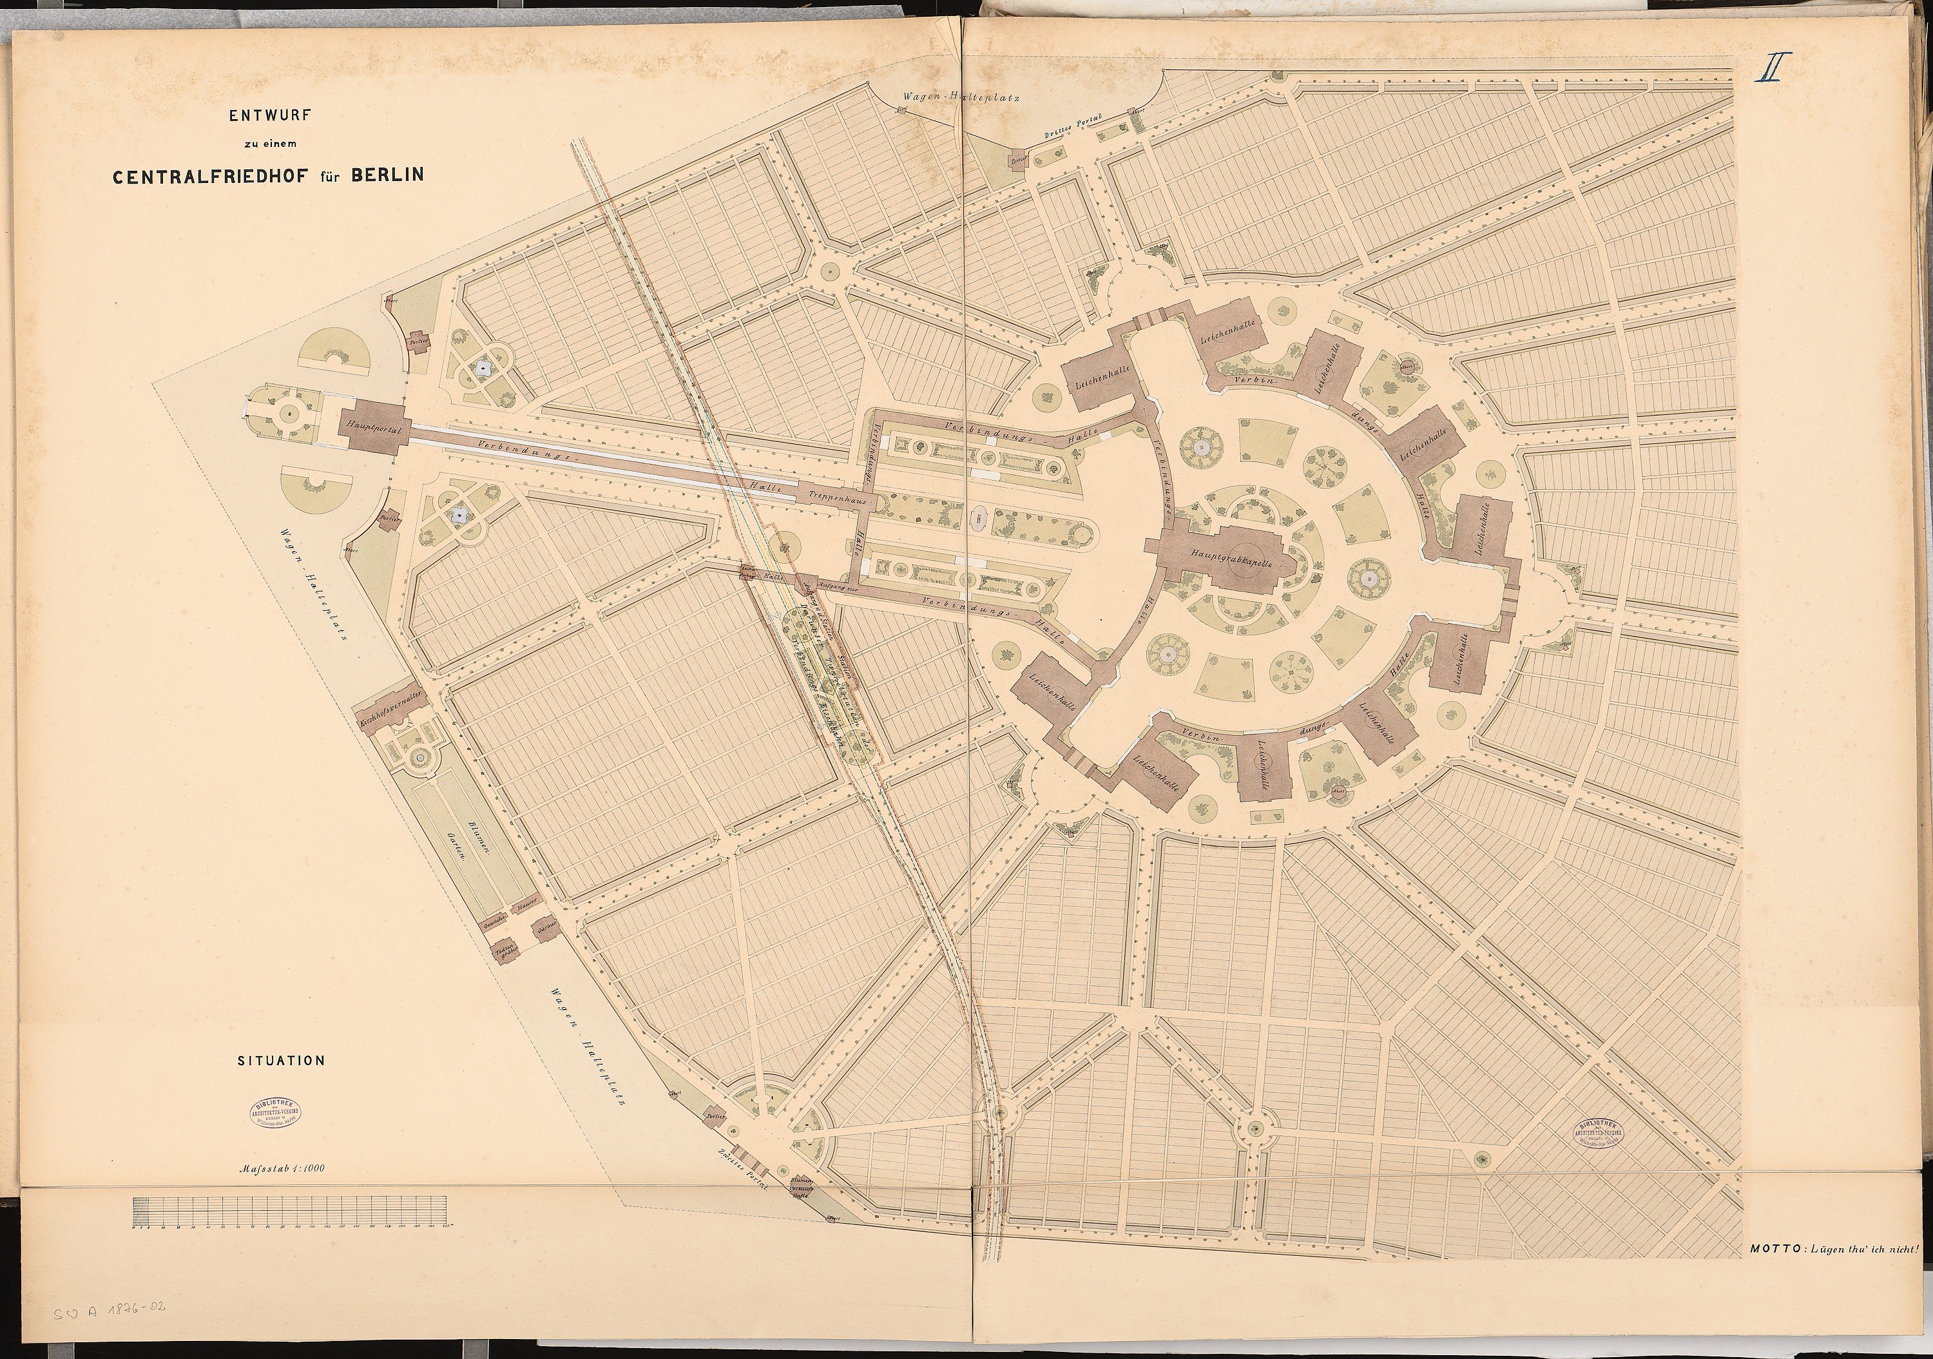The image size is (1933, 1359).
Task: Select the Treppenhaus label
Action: [837, 499]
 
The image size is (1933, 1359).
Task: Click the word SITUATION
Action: [280, 1061]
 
